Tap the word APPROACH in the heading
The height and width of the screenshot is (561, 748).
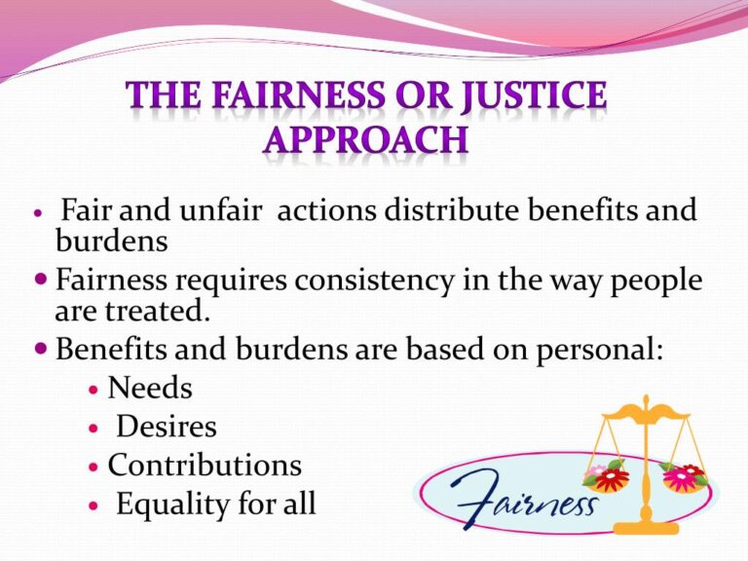pyautogui.click(x=365, y=140)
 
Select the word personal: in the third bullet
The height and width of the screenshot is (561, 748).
pyautogui.click(x=601, y=350)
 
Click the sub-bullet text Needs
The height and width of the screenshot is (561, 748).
pyautogui.click(x=150, y=389)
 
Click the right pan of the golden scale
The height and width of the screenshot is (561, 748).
pyautogui.click(x=684, y=475)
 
